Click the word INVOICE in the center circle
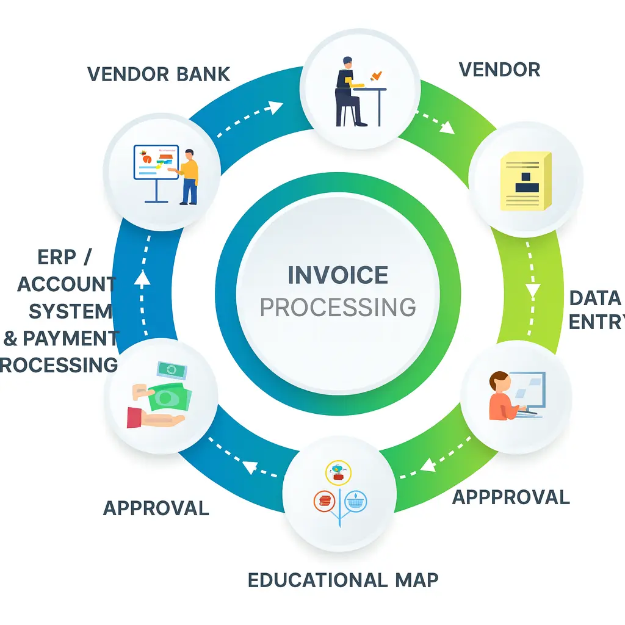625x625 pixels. pyautogui.click(x=338, y=275)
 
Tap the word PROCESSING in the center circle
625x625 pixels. pyautogui.click(x=338, y=307)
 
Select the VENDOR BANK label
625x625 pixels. pyautogui.click(x=159, y=74)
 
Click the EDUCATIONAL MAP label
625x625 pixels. pyautogui.click(x=343, y=580)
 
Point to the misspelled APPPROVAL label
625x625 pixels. pyautogui.click(x=511, y=497)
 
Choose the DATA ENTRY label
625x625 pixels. pyautogui.click(x=595, y=310)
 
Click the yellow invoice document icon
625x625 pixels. pyautogui.click(x=524, y=181)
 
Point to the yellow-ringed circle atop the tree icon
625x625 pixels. pyautogui.click(x=339, y=471)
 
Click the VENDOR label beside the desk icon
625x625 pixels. pyautogui.click(x=499, y=70)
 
